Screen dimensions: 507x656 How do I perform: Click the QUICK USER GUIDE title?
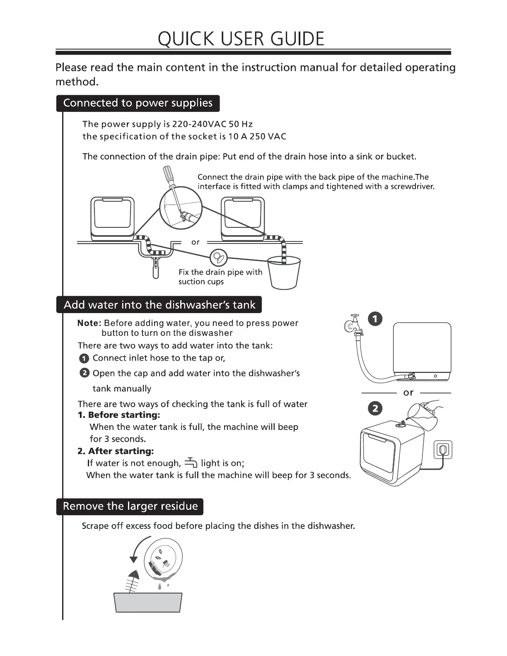click(241, 39)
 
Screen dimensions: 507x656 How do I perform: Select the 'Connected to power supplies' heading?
click(138, 103)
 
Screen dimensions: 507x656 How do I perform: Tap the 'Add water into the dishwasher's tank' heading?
click(159, 305)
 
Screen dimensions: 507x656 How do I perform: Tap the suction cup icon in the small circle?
click(218, 258)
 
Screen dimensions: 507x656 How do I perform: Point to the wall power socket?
click(443, 449)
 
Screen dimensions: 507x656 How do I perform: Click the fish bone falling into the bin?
click(133, 582)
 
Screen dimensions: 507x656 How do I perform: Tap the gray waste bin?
click(148, 603)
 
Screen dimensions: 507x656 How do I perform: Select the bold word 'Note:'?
click(89, 323)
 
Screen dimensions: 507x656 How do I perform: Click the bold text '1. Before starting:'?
click(118, 415)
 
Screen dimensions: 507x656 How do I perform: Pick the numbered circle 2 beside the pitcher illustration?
click(375, 409)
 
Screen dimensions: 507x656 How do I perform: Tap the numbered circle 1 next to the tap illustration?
click(375, 319)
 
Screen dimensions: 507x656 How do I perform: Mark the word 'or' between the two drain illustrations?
click(196, 242)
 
